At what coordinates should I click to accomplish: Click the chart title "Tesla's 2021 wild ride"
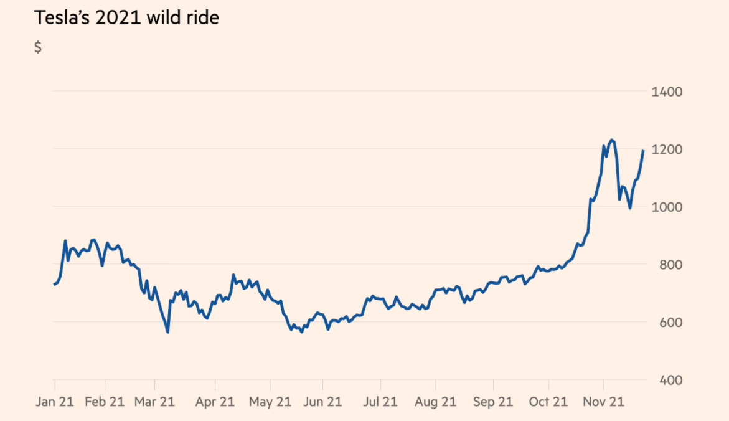[126, 17]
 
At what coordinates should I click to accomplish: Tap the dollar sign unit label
[38, 48]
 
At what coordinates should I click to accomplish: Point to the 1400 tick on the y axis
[667, 92]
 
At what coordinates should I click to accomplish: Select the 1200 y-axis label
[667, 150]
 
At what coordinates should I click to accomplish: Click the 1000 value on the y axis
[667, 207]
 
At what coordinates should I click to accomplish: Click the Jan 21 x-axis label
[54, 402]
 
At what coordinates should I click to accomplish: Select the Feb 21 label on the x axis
[105, 402]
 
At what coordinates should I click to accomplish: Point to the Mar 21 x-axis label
[154, 402]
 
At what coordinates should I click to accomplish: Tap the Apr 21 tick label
[215, 402]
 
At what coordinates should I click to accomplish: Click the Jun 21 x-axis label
[322, 402]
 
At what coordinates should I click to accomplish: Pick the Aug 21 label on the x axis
[435, 402]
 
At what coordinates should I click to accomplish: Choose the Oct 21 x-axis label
[548, 402]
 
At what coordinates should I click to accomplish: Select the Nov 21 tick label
[603, 402]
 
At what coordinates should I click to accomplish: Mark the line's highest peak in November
[611, 140]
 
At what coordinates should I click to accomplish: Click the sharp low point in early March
[167, 332]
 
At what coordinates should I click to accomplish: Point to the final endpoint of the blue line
[643, 151]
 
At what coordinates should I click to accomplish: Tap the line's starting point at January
[54, 285]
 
